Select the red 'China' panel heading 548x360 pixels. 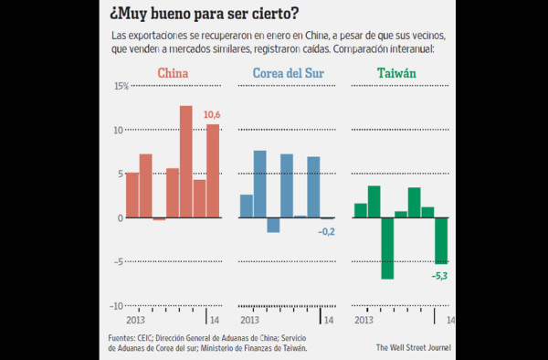tap(174, 73)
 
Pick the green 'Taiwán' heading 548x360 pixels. tap(395, 73)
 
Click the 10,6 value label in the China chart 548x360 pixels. tap(212, 114)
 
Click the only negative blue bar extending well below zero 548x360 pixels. tap(273, 225)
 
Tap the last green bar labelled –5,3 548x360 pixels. tap(441, 240)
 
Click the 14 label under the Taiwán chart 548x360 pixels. tap(449, 321)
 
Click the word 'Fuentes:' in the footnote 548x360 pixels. tap(124, 337)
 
